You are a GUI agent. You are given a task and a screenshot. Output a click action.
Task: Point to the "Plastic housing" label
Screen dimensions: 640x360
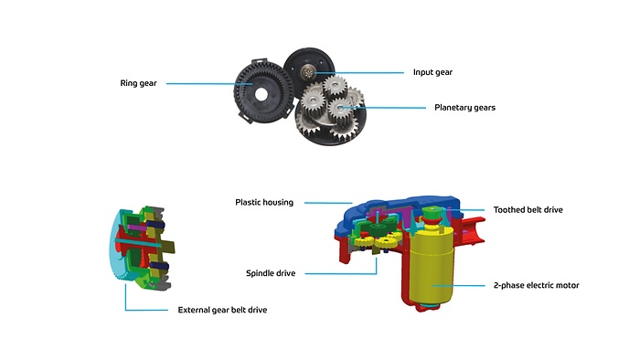click(264, 202)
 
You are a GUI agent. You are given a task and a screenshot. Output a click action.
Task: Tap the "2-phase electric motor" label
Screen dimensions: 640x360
click(536, 285)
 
